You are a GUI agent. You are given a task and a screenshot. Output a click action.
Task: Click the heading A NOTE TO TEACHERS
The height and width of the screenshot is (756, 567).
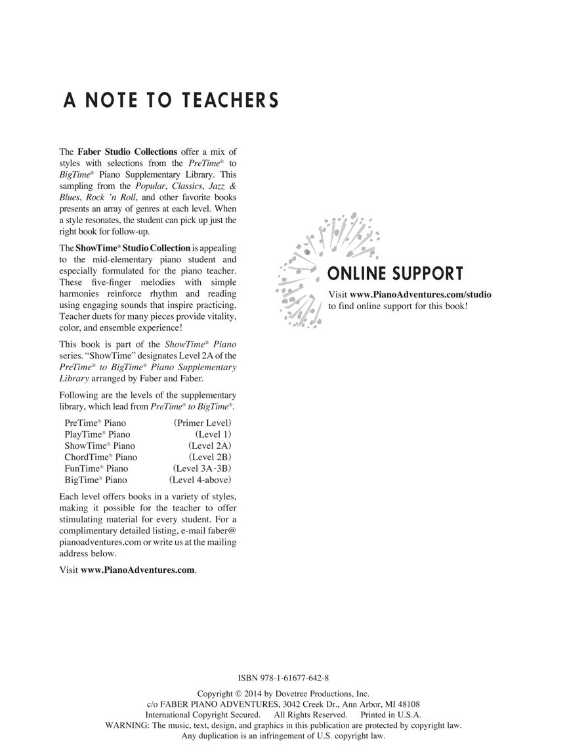[x=171, y=100]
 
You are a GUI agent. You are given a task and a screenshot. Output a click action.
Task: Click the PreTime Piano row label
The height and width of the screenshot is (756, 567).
[x=95, y=423]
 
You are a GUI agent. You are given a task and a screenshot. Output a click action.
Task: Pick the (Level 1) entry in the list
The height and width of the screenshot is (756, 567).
[x=213, y=434]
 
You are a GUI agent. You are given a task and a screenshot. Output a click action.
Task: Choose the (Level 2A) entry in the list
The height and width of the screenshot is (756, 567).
[x=209, y=446]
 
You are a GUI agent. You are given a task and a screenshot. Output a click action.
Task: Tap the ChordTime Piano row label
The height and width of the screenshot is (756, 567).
[x=100, y=457]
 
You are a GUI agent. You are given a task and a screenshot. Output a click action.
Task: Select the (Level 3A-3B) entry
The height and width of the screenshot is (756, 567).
[x=201, y=468]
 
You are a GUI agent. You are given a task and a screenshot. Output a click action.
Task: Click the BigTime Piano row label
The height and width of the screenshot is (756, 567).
[x=96, y=480]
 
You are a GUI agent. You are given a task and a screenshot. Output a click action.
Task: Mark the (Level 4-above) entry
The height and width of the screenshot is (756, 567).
[x=199, y=480]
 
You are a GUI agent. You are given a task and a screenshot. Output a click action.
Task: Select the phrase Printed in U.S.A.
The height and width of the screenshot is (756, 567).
[x=391, y=715]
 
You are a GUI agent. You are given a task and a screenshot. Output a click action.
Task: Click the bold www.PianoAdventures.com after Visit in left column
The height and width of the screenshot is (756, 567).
[x=138, y=570]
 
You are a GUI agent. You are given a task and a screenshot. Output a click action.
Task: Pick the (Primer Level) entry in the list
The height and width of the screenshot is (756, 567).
[x=202, y=423]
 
